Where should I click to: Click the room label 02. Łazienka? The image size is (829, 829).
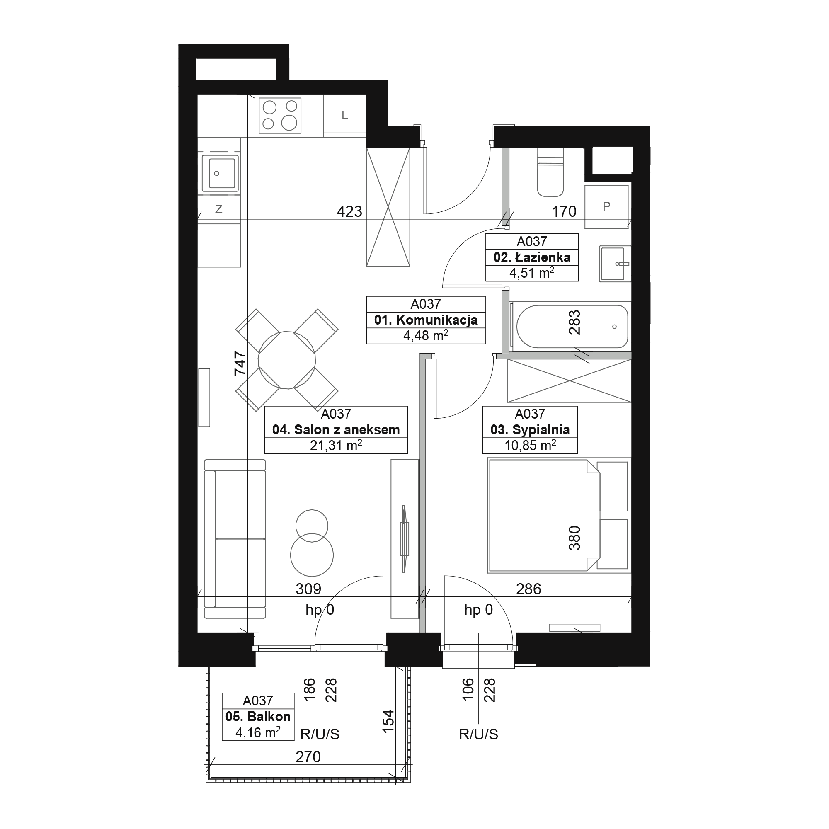532,257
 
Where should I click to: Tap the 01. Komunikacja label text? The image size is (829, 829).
426,320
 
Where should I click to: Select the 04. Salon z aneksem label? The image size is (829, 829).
336,430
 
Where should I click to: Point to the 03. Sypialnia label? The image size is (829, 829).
530,430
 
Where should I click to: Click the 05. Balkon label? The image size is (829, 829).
258,717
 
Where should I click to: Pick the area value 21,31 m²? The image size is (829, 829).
336,446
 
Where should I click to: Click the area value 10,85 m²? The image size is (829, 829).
530,446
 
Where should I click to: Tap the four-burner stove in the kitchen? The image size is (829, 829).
280,115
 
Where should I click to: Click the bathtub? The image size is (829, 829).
572,327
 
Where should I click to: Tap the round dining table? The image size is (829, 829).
287,360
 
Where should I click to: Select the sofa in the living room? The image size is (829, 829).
235,539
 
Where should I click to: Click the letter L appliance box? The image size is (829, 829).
344,115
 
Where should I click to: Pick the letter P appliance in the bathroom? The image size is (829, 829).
606,207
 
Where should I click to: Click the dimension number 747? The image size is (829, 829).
240,364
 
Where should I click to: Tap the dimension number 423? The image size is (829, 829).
349,211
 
